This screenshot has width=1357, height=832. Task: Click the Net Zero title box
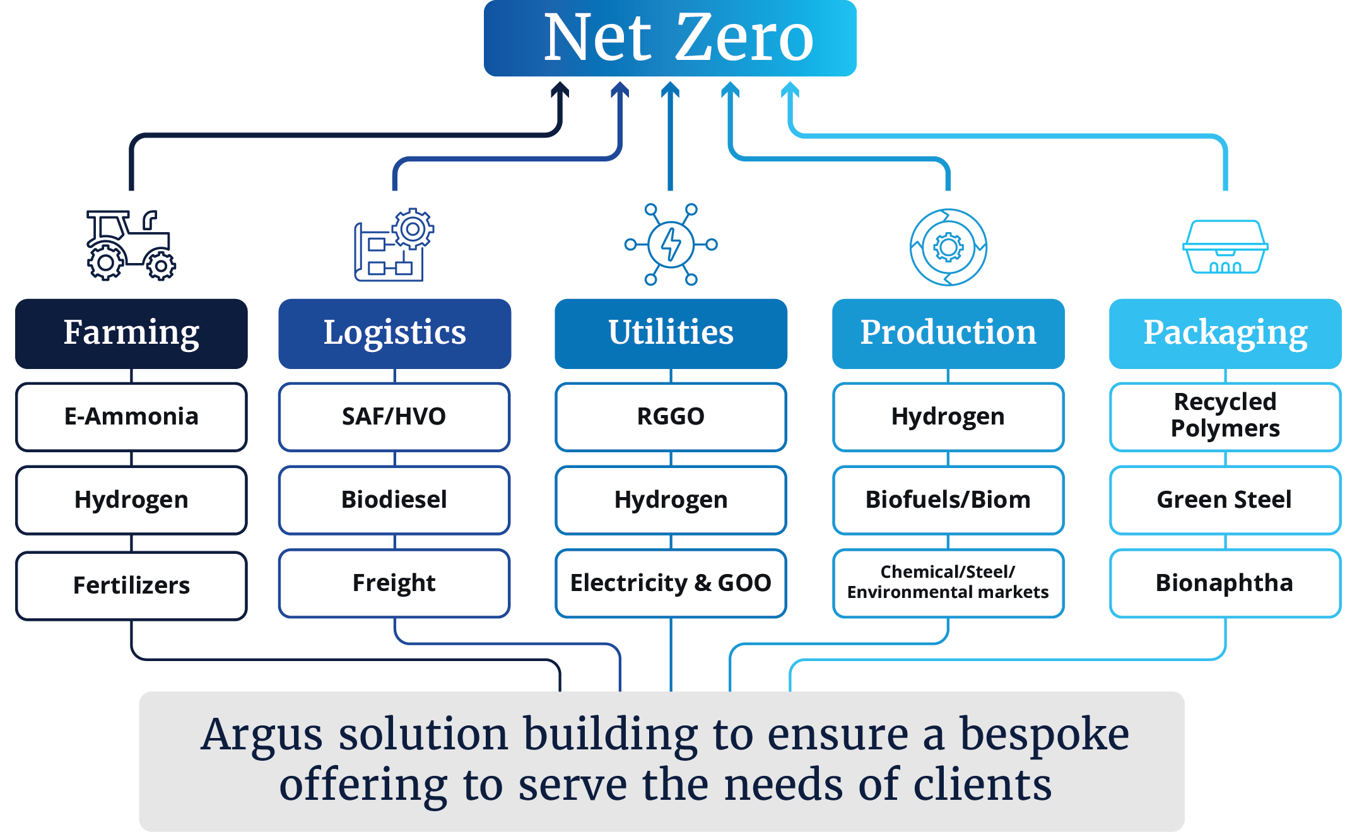coord(670,38)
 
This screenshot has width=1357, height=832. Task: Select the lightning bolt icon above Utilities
coord(671,244)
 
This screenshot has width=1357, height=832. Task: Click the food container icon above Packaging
coord(1225,247)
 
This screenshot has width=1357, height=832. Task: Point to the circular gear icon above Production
coord(948,247)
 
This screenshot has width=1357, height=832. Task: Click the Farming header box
coord(131,333)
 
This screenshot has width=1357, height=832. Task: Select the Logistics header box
coord(394,333)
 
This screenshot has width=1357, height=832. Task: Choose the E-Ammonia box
coord(131,417)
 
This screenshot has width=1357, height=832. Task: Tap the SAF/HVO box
coord(394,417)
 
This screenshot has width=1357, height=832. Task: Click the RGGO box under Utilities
coord(671,417)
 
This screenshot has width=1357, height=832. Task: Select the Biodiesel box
coord(394,500)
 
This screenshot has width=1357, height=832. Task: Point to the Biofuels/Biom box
coord(948,500)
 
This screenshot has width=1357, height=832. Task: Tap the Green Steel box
coord(1225,500)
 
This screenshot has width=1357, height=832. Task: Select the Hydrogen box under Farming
coord(131,500)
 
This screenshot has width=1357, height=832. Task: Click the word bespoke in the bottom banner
coord(1044,735)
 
